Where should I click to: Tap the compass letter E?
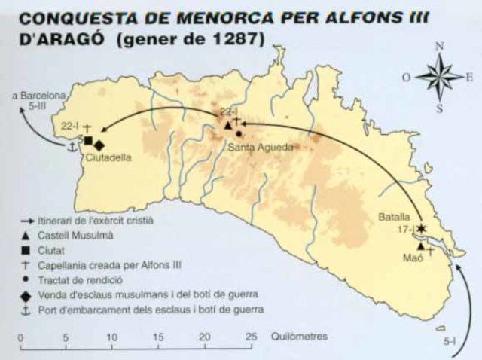(469, 76)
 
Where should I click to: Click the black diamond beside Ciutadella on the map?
(99, 145)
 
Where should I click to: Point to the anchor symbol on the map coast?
(72, 147)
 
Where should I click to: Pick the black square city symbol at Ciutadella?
(88, 141)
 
